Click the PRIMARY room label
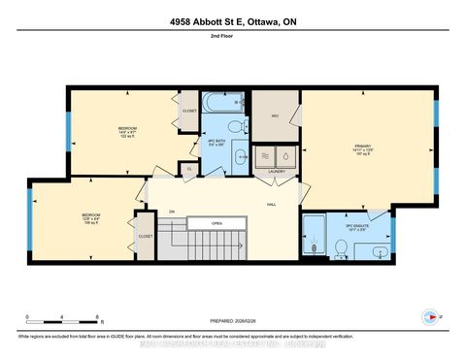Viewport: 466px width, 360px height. [x=362, y=148]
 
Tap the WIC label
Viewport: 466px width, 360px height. [x=275, y=114]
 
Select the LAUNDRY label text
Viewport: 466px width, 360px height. [x=276, y=175]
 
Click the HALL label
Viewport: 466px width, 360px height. [x=275, y=204]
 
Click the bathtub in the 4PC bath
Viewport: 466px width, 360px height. [x=218, y=102]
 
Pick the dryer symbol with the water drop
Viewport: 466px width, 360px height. [x=286, y=155]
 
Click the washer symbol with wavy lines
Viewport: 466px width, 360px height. [x=265, y=155]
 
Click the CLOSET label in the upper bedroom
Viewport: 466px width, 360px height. [x=190, y=111]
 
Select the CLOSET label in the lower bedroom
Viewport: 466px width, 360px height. [x=145, y=236]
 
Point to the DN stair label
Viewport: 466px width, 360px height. [x=171, y=212]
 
